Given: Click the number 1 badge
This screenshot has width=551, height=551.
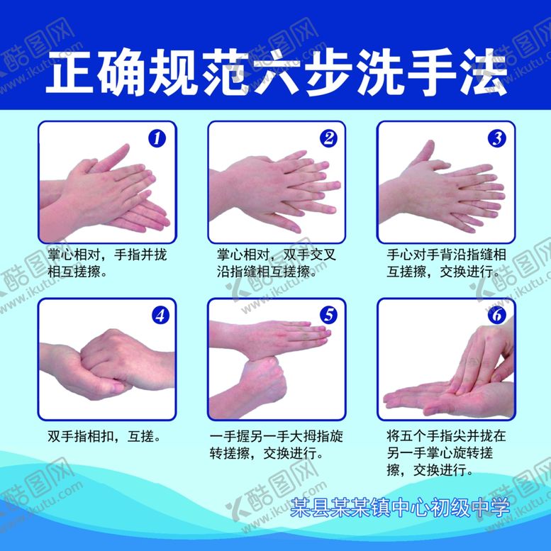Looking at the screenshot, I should pyautogui.click(x=157, y=138).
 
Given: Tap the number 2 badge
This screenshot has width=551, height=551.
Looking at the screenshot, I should pyautogui.click(x=328, y=138).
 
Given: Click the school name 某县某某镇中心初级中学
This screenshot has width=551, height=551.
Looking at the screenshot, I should pyautogui.click(x=401, y=507).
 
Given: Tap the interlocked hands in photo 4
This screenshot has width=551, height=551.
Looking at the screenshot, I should pyautogui.click(x=106, y=362).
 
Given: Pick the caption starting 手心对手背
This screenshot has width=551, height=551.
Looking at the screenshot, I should pyautogui.click(x=446, y=262).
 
